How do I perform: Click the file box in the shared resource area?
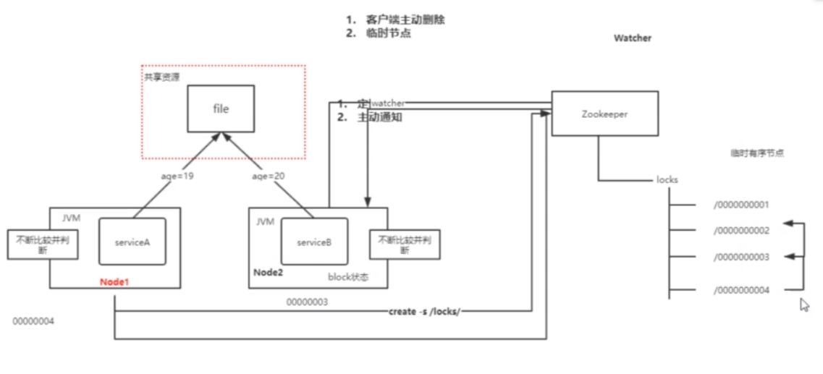[x=221, y=109]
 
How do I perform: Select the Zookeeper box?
[x=604, y=113]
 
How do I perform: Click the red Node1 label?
[x=114, y=282]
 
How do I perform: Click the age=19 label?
[x=176, y=176]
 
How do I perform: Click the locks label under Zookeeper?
[x=667, y=179]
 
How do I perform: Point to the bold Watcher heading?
[x=632, y=38]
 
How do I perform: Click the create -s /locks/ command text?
[x=424, y=310]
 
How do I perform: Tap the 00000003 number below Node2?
[x=307, y=301]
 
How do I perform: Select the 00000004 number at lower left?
[x=33, y=320]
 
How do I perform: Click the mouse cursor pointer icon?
[x=804, y=305]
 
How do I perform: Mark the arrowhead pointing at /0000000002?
[x=788, y=224]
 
